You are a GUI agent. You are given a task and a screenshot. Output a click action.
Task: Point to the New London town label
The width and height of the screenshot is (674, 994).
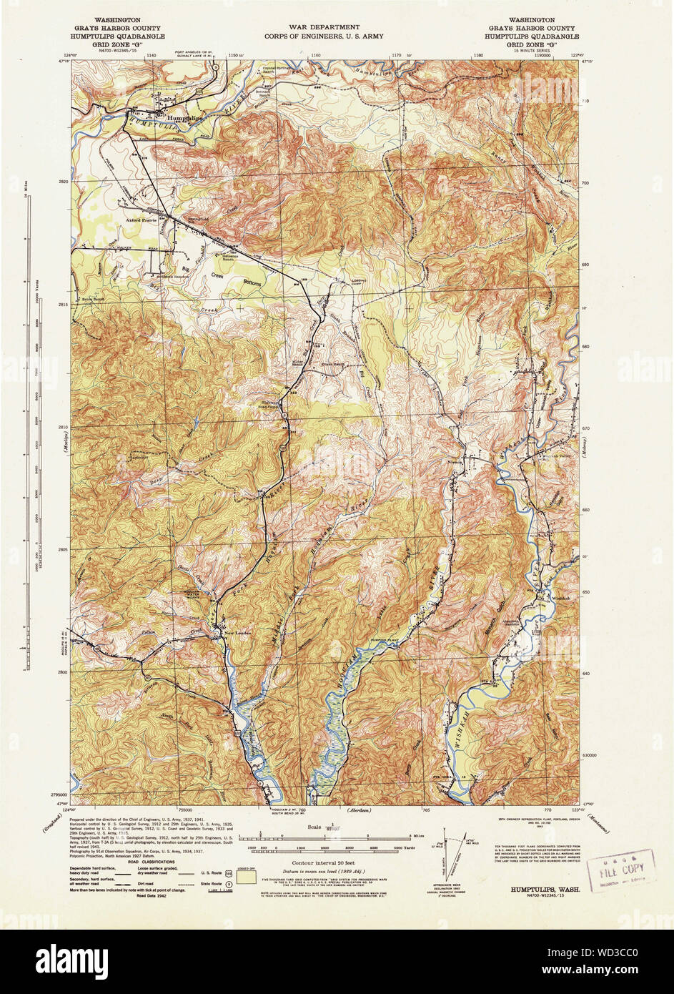239,633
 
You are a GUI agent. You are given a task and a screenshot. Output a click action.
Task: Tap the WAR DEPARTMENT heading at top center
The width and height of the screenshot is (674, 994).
324,27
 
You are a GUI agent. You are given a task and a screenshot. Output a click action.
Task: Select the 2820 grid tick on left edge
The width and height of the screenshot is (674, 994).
63,182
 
